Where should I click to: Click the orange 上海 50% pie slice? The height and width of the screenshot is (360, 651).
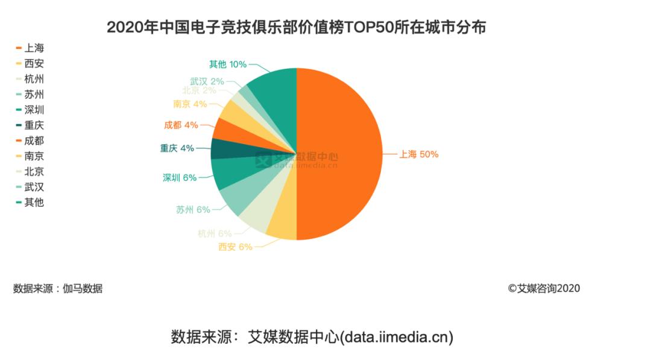coord(341,154)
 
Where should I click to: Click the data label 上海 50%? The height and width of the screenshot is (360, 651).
coord(418,154)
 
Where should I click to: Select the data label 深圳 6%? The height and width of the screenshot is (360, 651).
coord(180,177)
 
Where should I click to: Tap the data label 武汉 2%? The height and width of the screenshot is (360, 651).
coord(207,81)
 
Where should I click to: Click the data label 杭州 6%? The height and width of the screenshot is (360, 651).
coord(215,233)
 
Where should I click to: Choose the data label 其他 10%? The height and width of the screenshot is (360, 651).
coord(228,64)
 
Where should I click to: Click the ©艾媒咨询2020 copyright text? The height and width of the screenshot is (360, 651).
coord(544,288)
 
